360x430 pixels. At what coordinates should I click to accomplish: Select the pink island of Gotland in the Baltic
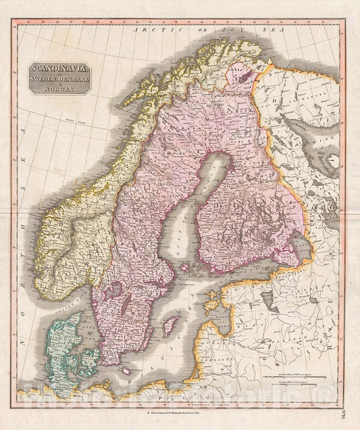point(172,325)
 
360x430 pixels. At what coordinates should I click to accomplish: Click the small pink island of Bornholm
point(124,371)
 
